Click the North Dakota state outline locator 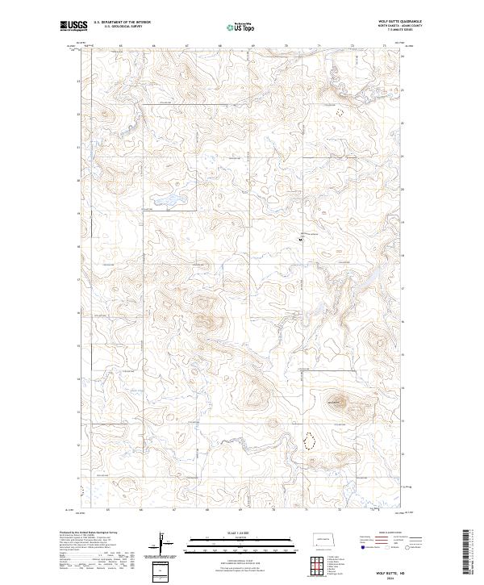point(328,540)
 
